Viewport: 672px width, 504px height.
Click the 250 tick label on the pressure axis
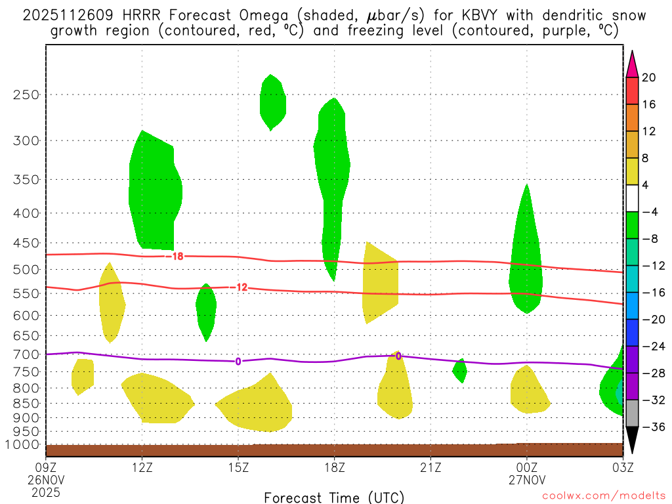26,94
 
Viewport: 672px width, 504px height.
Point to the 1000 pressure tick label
25,445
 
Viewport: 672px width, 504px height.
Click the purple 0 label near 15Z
238,361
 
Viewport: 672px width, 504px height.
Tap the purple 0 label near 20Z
398,356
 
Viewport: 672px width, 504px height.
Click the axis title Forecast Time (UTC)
334,497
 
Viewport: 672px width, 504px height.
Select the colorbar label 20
649,77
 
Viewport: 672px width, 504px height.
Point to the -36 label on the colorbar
651,427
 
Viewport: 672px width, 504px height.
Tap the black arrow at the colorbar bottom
632,440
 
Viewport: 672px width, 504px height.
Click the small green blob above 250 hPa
272,102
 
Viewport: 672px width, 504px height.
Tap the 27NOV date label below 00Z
526,479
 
